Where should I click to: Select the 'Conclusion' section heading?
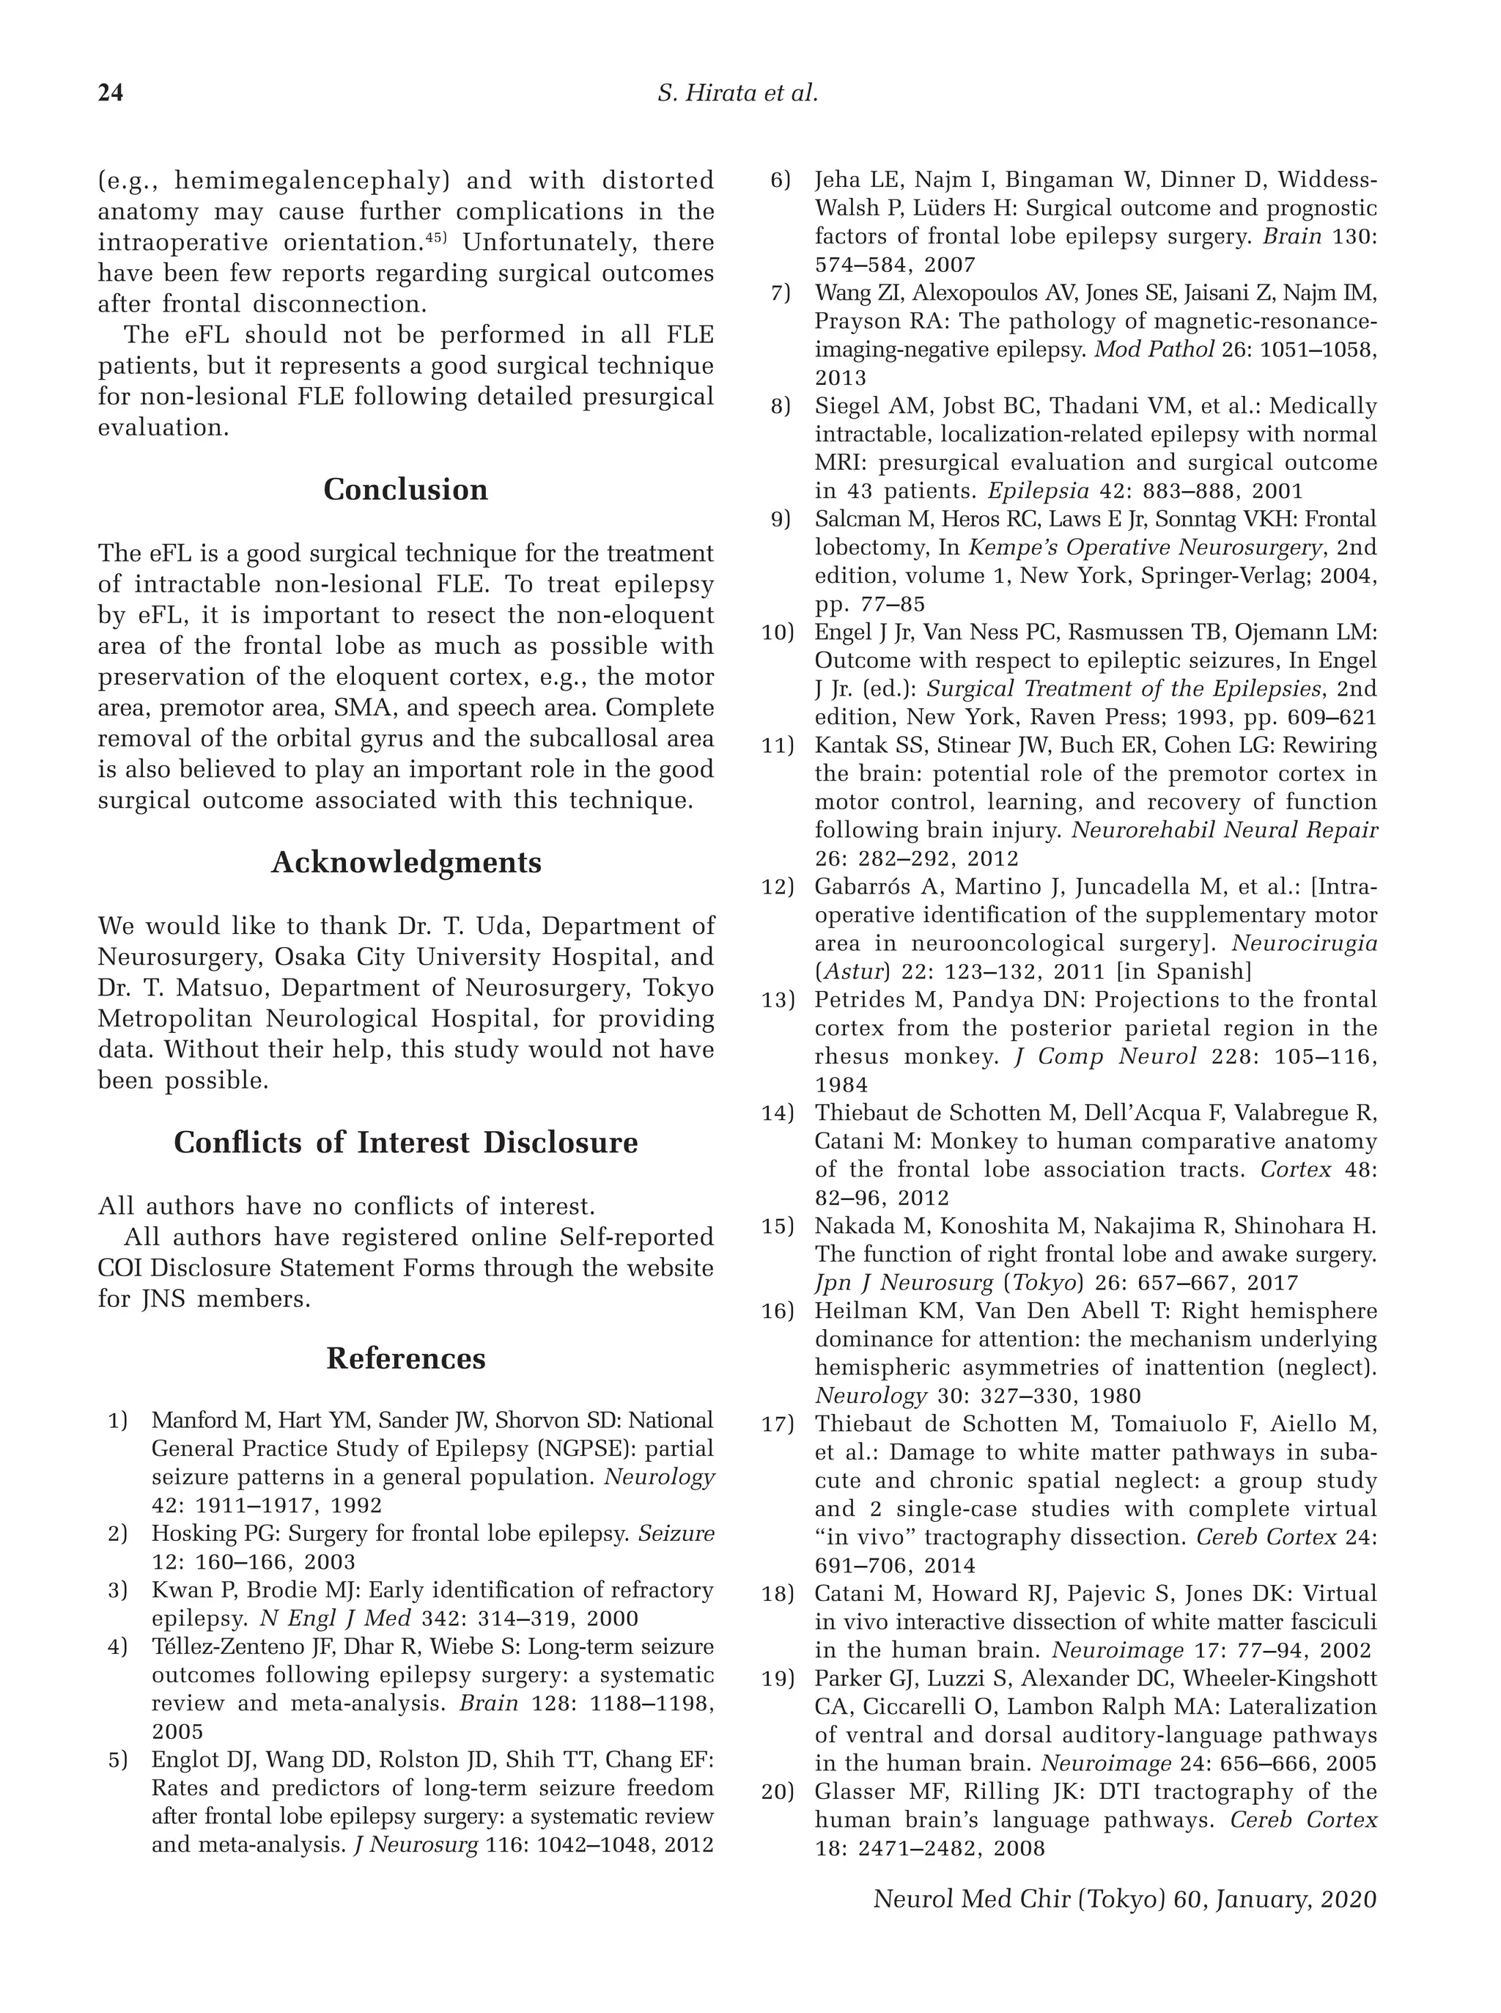pos(405,490)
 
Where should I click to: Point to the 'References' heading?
pos(405,1358)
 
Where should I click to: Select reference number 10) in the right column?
pos(778,633)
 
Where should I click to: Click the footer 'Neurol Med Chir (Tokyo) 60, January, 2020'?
pos(1124,1899)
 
